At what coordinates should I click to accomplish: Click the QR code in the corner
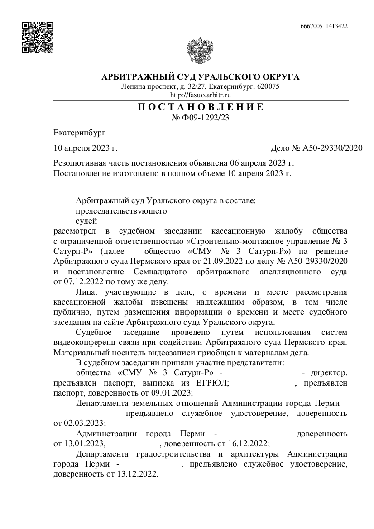click(38, 37)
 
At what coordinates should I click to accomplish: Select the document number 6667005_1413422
click(324, 26)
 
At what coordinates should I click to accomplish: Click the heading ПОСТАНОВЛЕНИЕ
click(200, 107)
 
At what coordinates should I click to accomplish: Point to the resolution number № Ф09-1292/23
click(200, 118)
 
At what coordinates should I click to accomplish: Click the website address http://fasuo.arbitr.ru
click(200, 95)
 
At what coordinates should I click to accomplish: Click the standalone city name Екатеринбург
click(79, 133)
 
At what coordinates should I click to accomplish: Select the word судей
click(86, 221)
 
